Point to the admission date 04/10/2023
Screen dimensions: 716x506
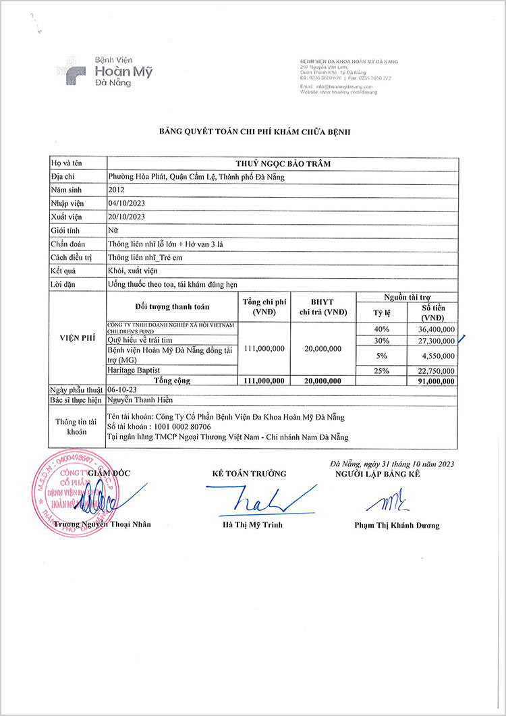[x=126, y=203]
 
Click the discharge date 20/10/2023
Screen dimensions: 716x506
[x=126, y=217]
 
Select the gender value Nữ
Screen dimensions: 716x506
[x=113, y=230]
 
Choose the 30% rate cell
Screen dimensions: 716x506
[x=382, y=341]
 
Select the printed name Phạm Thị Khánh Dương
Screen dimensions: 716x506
[x=397, y=526]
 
